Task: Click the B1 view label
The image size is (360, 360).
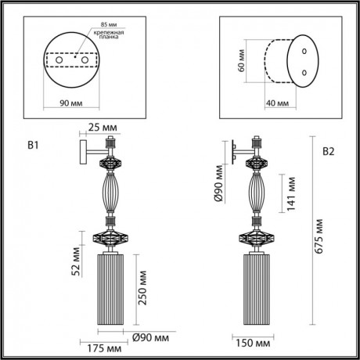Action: [x=33, y=144]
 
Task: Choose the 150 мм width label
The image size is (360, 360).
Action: [x=250, y=342]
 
